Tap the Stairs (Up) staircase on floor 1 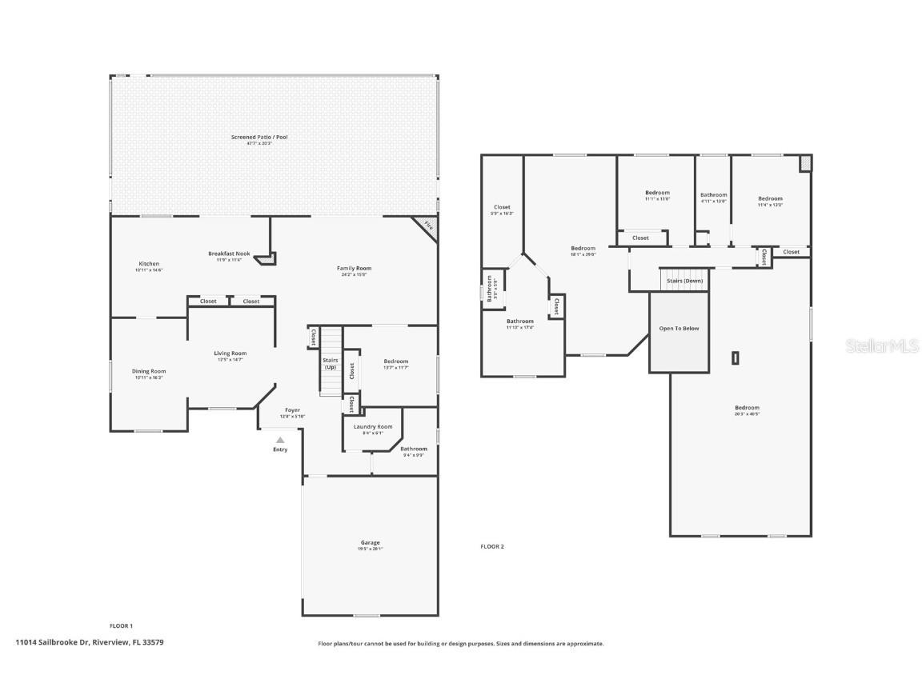click(x=331, y=363)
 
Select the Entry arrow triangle click(x=280, y=440)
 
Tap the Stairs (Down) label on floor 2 click(x=684, y=281)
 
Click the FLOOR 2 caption click(x=492, y=546)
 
